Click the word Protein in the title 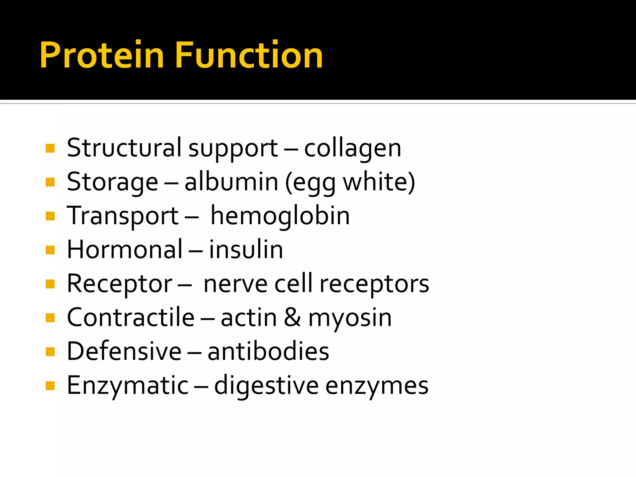[102, 55]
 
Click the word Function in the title [249, 55]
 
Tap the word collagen [352, 148]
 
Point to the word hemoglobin [280, 216]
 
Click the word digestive [266, 386]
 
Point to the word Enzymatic [128, 386]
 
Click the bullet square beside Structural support [50, 148]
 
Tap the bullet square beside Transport [50, 216]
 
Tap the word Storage [112, 183]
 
